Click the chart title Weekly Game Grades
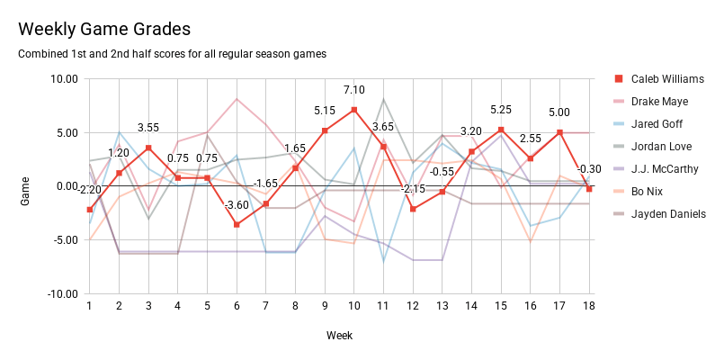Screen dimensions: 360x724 [x=104, y=30]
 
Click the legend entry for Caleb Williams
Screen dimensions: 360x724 [x=666, y=79]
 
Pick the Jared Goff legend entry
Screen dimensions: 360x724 [x=658, y=124]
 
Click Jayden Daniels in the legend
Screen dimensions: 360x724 [x=667, y=214]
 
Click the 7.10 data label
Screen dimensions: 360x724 [x=353, y=90]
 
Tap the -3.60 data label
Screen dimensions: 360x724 [x=237, y=205]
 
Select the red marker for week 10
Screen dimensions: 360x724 [x=353, y=110]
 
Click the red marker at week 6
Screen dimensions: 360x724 [x=237, y=225]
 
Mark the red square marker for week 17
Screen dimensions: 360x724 [x=559, y=132]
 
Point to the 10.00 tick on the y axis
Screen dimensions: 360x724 [x=63, y=79]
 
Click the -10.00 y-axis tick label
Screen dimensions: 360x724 [x=60, y=294]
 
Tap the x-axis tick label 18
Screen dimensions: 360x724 [x=589, y=307]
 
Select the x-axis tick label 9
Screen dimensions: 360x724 [x=325, y=307]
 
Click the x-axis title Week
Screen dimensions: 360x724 [x=339, y=335]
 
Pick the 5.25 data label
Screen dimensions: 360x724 [x=501, y=110]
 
